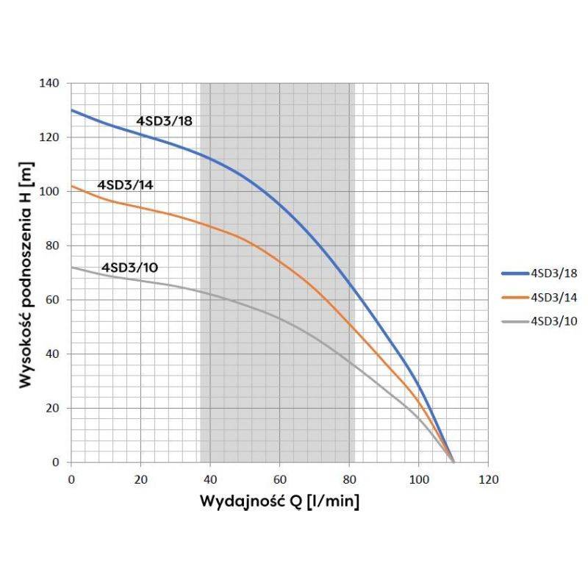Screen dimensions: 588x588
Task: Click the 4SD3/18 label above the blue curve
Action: [x=164, y=121]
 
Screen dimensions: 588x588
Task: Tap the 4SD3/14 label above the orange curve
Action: [x=125, y=184]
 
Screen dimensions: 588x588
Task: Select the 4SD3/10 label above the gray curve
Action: [x=129, y=268]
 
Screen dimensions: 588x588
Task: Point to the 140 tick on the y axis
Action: [x=49, y=83]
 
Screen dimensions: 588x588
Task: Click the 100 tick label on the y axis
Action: [x=49, y=191]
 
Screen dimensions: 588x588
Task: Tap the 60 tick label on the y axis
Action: [x=52, y=300]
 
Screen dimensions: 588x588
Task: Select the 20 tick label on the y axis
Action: [x=52, y=408]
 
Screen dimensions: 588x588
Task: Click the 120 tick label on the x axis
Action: [x=488, y=480]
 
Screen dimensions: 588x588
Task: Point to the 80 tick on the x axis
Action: [x=349, y=480]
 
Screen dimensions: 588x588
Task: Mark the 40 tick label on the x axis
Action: [x=210, y=480]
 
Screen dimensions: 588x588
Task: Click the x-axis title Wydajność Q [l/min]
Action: [x=279, y=503]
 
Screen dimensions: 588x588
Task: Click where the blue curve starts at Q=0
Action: [x=71, y=110]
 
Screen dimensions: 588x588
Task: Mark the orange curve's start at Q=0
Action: [x=71, y=185]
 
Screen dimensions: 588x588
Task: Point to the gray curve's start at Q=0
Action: [x=71, y=267]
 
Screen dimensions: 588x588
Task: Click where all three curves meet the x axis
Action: [x=453, y=462]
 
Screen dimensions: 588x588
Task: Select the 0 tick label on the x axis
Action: [x=71, y=480]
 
